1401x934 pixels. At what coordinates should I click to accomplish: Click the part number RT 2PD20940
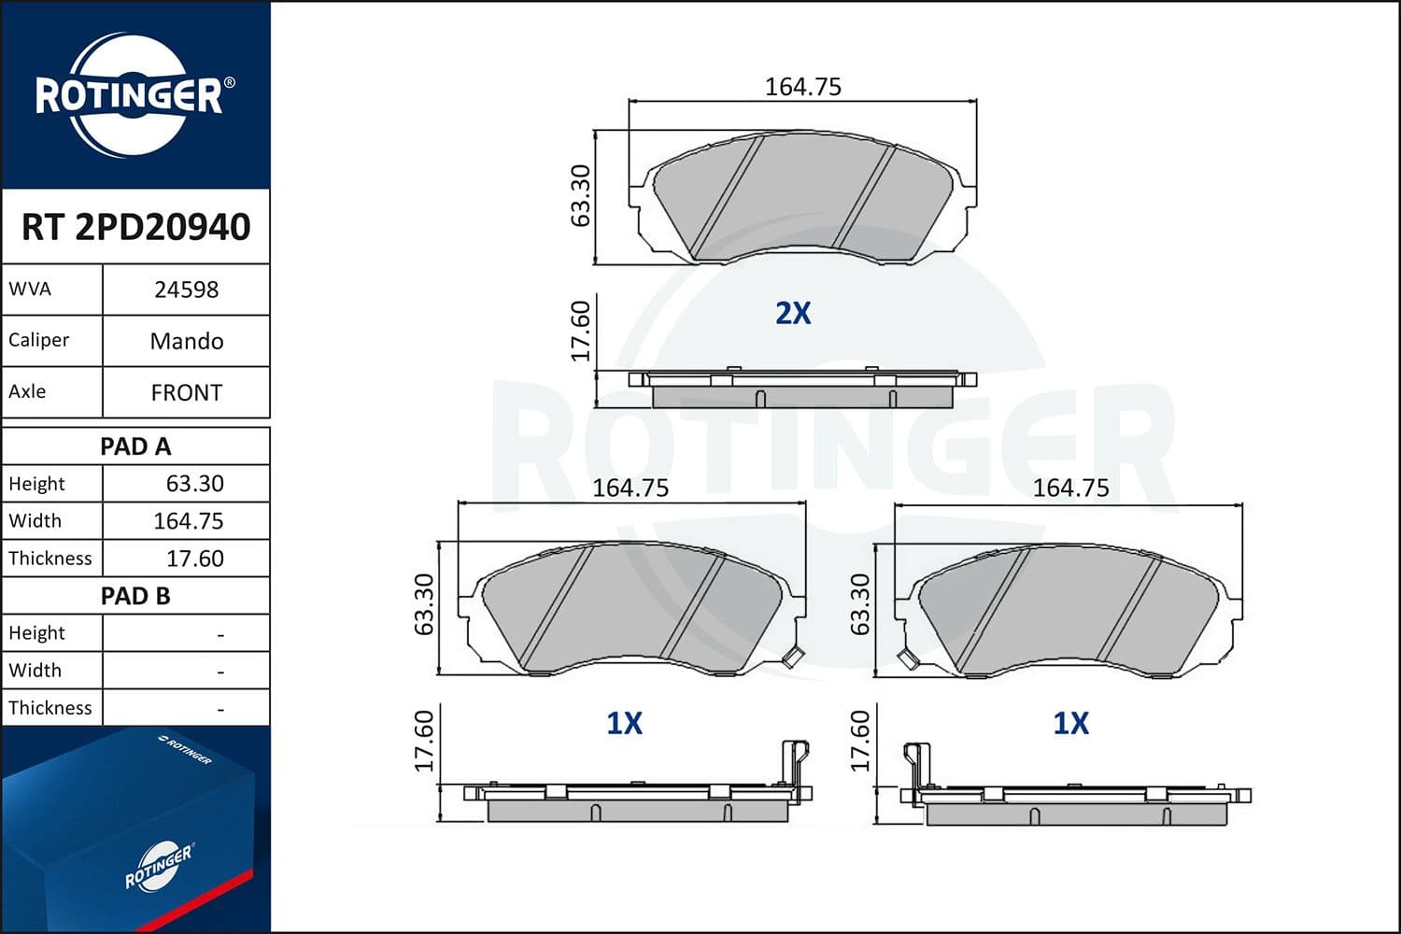(135, 227)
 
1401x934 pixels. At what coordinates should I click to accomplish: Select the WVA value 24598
(186, 290)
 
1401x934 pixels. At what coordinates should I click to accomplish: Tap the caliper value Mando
(186, 341)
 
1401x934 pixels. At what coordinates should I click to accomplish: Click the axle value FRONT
(186, 392)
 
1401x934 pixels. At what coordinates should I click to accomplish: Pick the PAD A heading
(135, 446)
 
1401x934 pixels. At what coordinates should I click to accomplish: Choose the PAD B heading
(135, 596)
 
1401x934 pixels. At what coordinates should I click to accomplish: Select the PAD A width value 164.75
(188, 521)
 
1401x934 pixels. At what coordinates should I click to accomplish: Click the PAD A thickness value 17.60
(194, 559)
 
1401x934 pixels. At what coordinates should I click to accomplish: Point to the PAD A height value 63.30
(194, 484)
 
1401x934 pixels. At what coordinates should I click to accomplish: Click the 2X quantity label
(793, 313)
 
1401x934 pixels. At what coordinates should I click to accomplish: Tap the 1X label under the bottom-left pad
(624, 723)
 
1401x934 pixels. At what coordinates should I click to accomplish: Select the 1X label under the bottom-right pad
(1070, 723)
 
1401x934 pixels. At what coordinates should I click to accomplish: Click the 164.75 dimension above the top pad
(802, 87)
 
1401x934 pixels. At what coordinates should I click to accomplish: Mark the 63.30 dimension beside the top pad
(581, 195)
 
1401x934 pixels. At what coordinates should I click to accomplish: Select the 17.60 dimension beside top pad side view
(581, 331)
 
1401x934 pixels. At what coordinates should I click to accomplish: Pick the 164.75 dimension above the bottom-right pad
(1070, 488)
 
